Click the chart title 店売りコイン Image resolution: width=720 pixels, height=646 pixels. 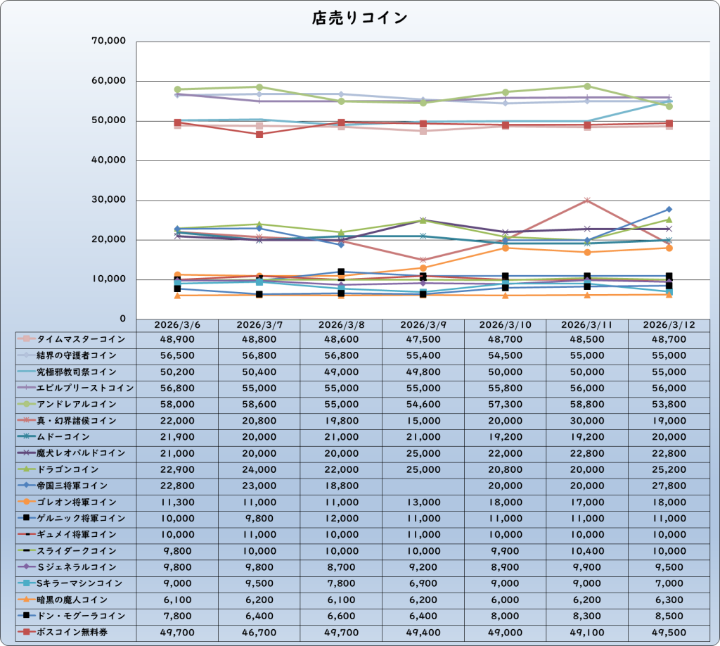click(359, 18)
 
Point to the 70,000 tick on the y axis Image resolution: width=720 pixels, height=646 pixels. click(108, 42)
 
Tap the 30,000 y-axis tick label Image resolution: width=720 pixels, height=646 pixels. click(108, 201)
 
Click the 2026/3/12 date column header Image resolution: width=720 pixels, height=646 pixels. click(669, 325)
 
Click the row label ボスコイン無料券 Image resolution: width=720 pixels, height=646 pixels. click(72, 632)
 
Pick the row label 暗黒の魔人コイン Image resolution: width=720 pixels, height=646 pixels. click(72, 600)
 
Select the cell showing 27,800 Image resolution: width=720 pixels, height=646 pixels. click(669, 486)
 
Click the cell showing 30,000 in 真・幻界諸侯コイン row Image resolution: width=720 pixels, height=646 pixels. click(586, 421)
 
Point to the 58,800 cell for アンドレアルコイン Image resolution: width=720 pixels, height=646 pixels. click(586, 405)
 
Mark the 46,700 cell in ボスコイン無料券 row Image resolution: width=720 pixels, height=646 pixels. click(259, 632)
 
